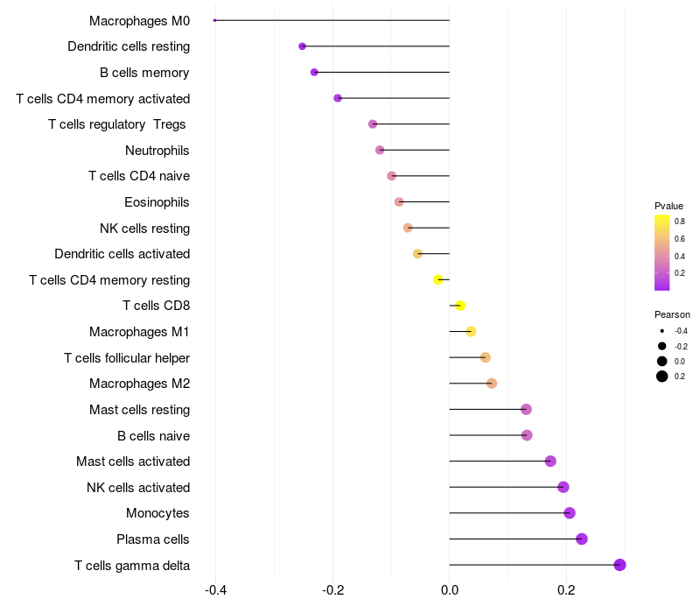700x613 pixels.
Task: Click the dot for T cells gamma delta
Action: pos(619,565)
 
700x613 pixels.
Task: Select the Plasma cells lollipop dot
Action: pos(582,539)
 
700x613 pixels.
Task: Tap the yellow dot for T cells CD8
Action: pos(460,306)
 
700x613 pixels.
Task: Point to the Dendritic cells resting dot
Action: pos(303,46)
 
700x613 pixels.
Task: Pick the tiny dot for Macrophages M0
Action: pos(215,20)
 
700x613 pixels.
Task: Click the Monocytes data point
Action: pos(570,513)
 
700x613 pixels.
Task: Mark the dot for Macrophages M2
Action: pos(492,384)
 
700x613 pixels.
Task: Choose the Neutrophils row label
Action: pos(157,151)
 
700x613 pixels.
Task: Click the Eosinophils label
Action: pos(157,202)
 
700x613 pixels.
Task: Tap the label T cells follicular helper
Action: pos(127,357)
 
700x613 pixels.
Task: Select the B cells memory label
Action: pos(144,73)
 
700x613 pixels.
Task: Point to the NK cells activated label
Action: pos(138,487)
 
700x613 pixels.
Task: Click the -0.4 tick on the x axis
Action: pos(216,590)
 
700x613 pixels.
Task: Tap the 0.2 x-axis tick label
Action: pos(566,590)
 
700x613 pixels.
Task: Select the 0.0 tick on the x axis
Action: pos(449,590)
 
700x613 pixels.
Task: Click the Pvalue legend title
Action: pos(668,206)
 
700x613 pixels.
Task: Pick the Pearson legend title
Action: pos(672,314)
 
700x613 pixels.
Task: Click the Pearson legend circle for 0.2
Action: pos(662,377)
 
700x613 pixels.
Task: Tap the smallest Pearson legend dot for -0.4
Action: pos(662,331)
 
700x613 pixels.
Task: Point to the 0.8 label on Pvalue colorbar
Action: pos(680,222)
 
